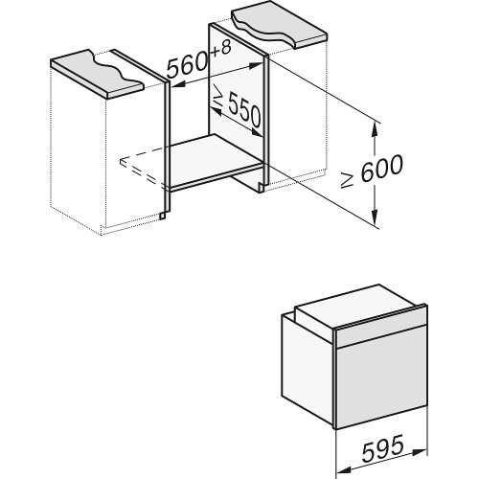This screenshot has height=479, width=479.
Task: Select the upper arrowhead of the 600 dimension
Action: [375, 125]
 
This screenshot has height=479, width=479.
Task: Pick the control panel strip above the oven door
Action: [377, 330]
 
